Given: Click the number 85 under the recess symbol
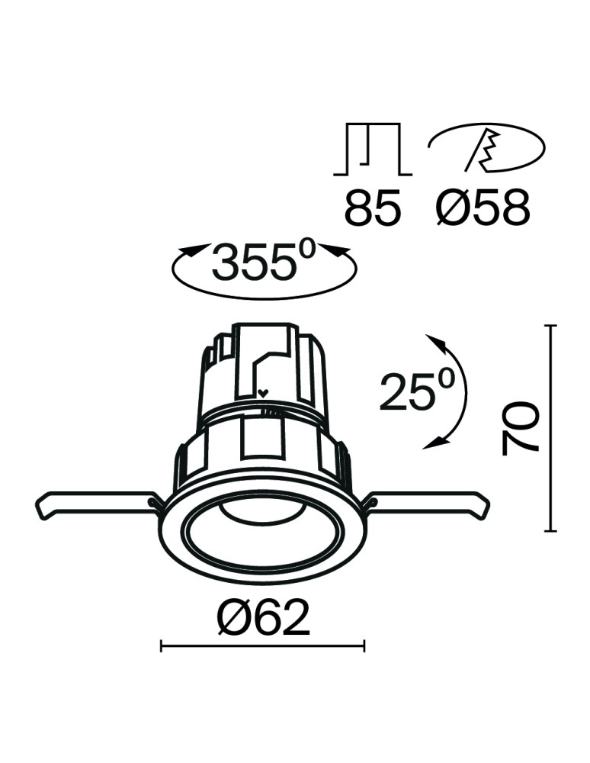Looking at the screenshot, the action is (x=373, y=208).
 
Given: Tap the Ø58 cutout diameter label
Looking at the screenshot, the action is (x=483, y=208).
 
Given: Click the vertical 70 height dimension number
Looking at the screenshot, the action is (x=521, y=428).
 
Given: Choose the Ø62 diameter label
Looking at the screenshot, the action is (x=263, y=617).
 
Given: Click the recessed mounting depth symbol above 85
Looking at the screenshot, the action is (x=372, y=149).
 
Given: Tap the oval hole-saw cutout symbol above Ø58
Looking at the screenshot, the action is (x=486, y=147).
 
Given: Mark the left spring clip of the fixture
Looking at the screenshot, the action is (x=98, y=505).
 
